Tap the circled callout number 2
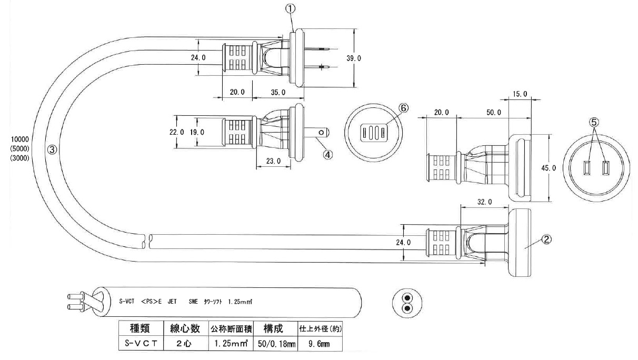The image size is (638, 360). (547, 239)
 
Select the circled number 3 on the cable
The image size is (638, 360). (52, 149)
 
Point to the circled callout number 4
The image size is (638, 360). (327, 155)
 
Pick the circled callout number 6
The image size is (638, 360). (403, 107)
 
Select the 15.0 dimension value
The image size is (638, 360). (519, 94)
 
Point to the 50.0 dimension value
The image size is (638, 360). (493, 113)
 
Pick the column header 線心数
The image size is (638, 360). (184, 329)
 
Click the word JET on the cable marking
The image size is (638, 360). (172, 302)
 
